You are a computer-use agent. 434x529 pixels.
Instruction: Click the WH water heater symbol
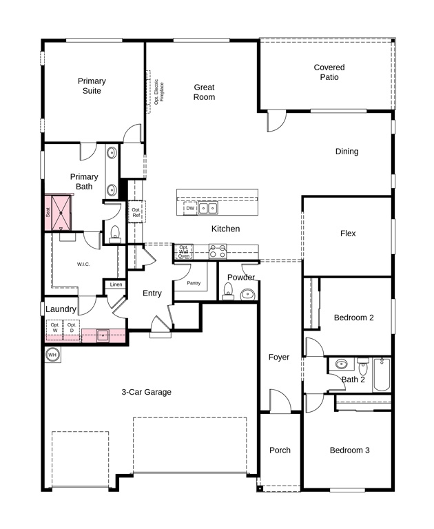click(52, 355)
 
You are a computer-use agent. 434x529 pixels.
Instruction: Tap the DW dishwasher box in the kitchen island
click(190, 208)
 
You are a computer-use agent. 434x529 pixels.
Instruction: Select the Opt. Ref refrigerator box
click(136, 212)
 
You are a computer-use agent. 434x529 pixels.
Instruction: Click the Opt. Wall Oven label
click(184, 251)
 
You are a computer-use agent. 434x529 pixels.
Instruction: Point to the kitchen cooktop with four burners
click(218, 251)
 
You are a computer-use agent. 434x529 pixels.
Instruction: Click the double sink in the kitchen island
click(208, 208)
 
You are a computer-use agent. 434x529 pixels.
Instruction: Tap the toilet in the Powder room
click(228, 291)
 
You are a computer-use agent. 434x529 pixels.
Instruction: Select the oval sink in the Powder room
click(248, 294)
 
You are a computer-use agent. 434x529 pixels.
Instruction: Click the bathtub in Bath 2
click(382, 375)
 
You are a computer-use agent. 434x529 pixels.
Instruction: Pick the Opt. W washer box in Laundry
click(54, 329)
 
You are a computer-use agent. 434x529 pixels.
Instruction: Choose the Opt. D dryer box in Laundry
click(72, 329)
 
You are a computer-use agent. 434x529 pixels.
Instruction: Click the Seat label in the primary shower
click(48, 212)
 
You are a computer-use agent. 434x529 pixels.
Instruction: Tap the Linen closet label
click(116, 284)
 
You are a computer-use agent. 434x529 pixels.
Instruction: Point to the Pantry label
click(194, 283)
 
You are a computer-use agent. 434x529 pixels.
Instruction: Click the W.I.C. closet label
click(83, 264)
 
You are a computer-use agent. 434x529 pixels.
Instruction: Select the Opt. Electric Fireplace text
click(158, 92)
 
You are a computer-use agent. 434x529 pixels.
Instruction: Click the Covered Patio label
click(329, 72)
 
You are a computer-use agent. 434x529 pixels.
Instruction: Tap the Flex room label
click(348, 234)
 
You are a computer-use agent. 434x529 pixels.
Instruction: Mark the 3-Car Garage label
click(147, 392)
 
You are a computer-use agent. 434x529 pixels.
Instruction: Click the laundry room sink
click(103, 336)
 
